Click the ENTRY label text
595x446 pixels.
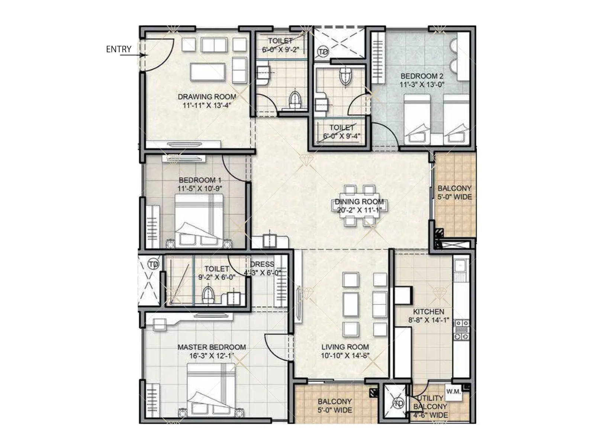[x=119, y=49]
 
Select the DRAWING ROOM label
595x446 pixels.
[x=207, y=97]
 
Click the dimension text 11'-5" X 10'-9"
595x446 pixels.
[x=200, y=189]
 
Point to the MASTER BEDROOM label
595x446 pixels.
[x=211, y=347]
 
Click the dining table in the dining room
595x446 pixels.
[x=359, y=206]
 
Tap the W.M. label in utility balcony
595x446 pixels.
[x=453, y=391]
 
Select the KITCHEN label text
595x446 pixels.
[x=428, y=311]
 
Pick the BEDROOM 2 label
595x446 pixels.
[x=422, y=76]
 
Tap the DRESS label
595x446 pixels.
[x=262, y=264]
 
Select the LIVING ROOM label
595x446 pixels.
[x=345, y=347]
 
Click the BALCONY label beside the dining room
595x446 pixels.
[x=454, y=188]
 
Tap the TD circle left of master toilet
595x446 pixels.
[x=153, y=264]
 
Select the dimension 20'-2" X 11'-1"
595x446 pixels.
[x=359, y=210]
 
